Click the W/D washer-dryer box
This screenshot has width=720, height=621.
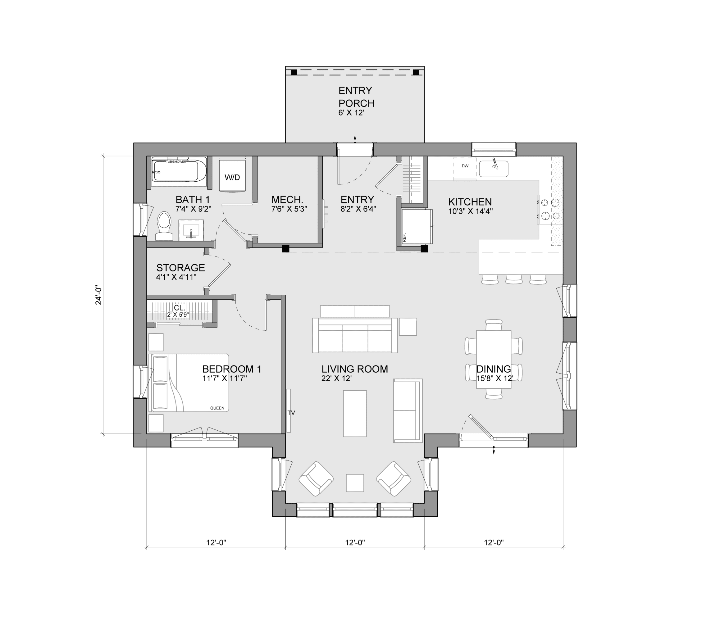(232, 175)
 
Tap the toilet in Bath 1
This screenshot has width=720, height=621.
(164, 226)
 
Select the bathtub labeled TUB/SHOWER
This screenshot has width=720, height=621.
(179, 171)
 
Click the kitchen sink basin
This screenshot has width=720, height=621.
(494, 169)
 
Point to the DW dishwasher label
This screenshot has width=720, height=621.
(465, 166)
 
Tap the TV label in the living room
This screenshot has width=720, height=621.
(291, 413)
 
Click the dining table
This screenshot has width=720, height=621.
(494, 360)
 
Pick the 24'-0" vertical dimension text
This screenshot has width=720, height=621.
(99, 295)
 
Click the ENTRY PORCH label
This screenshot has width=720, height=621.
(356, 97)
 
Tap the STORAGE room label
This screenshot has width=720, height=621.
(180, 268)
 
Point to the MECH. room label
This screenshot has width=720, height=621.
(287, 200)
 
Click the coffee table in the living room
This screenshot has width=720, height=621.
(355, 413)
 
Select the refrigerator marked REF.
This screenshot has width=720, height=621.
(417, 226)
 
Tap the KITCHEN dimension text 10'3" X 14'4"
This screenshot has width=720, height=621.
(471, 211)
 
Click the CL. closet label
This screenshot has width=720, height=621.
(180, 308)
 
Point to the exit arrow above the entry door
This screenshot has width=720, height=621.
(355, 139)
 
